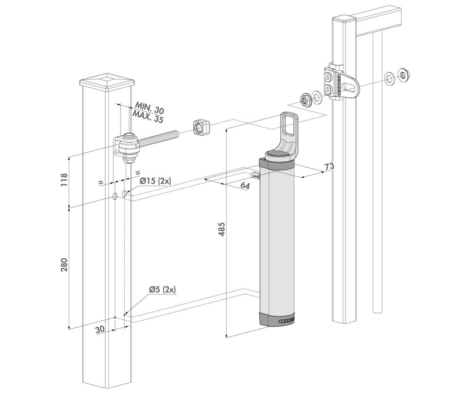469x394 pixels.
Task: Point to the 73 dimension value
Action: click(x=328, y=166)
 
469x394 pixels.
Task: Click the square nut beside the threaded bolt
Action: click(x=199, y=127)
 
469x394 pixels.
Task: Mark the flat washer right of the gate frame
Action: click(x=390, y=78)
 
